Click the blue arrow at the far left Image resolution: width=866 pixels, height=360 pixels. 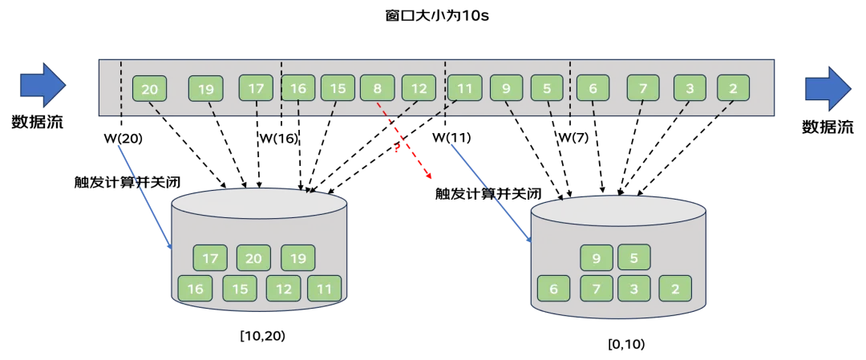(x=42, y=85)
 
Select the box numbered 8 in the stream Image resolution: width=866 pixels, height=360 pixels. (x=378, y=88)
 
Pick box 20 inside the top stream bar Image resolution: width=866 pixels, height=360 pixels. (x=149, y=89)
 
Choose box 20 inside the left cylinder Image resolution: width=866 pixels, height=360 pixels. (x=253, y=258)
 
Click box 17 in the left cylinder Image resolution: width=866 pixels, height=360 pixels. (x=210, y=258)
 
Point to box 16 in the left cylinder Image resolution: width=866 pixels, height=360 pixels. (x=194, y=288)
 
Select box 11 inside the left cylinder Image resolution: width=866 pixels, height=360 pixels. (x=325, y=288)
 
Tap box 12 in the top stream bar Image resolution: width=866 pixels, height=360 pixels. (x=419, y=88)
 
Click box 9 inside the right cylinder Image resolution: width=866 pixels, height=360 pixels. (x=596, y=258)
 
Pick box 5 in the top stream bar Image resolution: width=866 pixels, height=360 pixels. (x=547, y=88)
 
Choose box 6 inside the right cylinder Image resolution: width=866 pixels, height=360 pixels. (x=553, y=288)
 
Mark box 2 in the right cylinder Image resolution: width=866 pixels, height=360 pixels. (x=675, y=288)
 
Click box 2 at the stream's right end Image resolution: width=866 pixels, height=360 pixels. (x=733, y=88)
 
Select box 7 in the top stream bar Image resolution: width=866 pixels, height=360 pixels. (x=643, y=88)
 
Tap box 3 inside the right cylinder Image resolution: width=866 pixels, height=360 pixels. (x=634, y=288)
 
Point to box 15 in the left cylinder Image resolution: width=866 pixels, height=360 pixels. (x=239, y=288)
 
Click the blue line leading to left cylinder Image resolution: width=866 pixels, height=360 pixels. (x=144, y=195)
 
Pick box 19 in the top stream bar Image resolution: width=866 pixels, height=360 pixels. (x=206, y=89)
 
